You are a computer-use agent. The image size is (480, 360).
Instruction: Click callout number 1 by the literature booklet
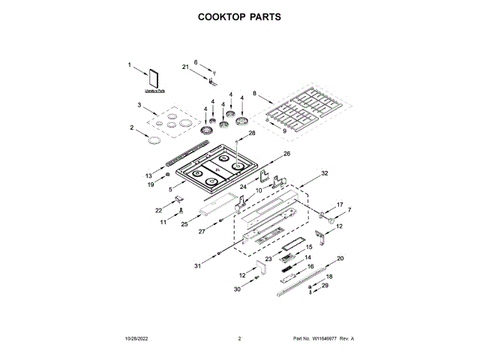tap(129, 65)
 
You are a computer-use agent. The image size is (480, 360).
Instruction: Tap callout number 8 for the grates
tap(254, 94)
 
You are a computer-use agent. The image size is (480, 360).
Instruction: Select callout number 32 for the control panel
tap(325, 173)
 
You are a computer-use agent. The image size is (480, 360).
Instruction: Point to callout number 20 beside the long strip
tap(340, 258)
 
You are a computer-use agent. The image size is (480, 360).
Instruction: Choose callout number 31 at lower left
tap(198, 265)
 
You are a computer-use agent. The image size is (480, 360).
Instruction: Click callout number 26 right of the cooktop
tap(286, 154)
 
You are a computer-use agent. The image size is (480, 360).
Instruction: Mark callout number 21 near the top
tap(185, 67)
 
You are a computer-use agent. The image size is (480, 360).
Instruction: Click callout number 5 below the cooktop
tap(171, 190)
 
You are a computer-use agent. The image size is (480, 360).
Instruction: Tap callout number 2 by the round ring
tap(132, 128)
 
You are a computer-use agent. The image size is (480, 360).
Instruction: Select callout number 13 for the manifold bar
tap(149, 175)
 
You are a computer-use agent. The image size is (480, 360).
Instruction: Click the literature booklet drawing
tap(156, 77)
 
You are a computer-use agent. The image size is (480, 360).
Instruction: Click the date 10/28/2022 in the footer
tap(139, 339)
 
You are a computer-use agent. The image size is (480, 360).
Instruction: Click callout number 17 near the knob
tap(339, 204)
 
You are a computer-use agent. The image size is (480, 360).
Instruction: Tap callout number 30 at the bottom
tap(237, 289)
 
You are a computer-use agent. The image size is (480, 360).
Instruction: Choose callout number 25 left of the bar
tap(184, 223)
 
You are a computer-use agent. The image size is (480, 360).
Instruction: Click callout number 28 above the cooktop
tap(252, 133)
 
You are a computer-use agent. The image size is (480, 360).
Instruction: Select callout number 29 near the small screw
tap(325, 286)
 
